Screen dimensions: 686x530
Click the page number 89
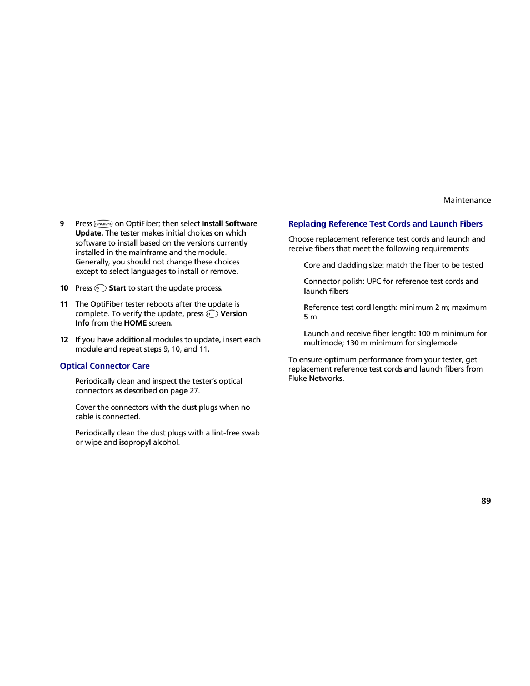point(486,501)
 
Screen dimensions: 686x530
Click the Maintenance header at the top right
point(467,200)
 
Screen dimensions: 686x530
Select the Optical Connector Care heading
point(104,366)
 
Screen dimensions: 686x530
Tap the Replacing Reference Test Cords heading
point(385,224)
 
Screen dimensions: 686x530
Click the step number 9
point(62,223)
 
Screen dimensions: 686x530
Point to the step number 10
point(64,288)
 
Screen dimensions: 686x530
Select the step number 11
point(64,304)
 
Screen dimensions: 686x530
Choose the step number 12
point(64,339)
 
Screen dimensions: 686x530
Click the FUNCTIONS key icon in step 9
point(103,224)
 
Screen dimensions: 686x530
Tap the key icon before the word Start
point(101,288)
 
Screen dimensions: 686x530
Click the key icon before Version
point(212,314)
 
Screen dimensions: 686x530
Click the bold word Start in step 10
point(117,288)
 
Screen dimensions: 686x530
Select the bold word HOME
point(135,323)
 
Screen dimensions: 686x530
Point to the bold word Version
point(233,313)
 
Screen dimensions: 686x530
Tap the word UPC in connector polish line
point(373,281)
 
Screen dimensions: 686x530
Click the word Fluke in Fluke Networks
point(298,378)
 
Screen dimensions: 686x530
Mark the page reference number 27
point(193,390)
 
